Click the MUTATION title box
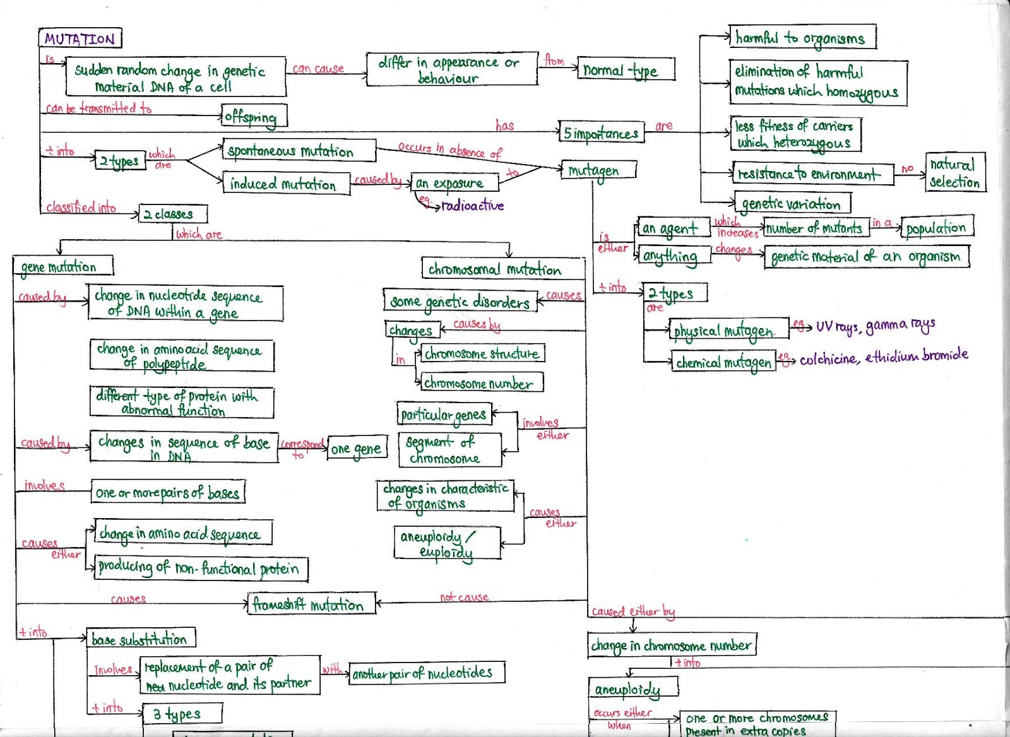(x=80, y=38)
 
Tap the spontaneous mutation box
(x=299, y=151)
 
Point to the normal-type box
(x=625, y=69)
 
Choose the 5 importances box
(x=601, y=133)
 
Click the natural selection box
(x=954, y=173)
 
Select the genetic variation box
(x=792, y=203)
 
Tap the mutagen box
(x=597, y=170)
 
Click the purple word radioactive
(x=472, y=206)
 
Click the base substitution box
(x=140, y=639)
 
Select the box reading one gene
(x=357, y=449)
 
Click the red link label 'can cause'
(x=319, y=68)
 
